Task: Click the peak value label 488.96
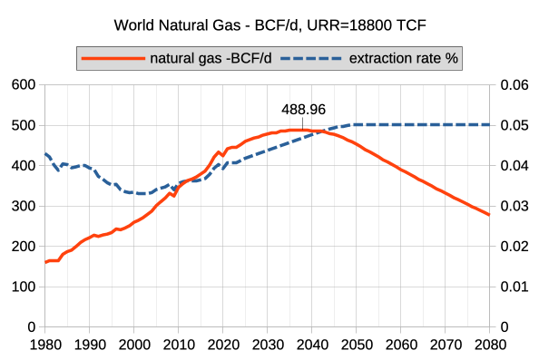pyautogui.click(x=303, y=110)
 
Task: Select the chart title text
pyautogui.click(x=270, y=25)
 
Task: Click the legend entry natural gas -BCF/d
pyautogui.click(x=211, y=58)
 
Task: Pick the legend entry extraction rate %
pyautogui.click(x=403, y=58)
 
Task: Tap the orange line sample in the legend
pyautogui.click(x=113, y=58)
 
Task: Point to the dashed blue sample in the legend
pyautogui.click(x=310, y=58)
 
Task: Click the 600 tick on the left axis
pyautogui.click(x=24, y=84)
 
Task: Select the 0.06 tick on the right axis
pyautogui.click(x=514, y=84)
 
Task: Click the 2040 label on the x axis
pyautogui.click(x=311, y=345)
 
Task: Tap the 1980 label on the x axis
pyautogui.click(x=45, y=345)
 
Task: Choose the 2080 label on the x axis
pyautogui.click(x=489, y=345)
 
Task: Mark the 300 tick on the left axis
pyautogui.click(x=24, y=206)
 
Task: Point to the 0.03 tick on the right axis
pyautogui.click(x=514, y=206)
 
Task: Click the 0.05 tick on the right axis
pyautogui.click(x=514, y=125)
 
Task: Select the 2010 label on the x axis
pyautogui.click(x=179, y=345)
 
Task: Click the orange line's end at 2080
pyautogui.click(x=489, y=215)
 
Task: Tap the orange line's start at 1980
pyautogui.click(x=45, y=262)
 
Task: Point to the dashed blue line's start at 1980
pyautogui.click(x=45, y=154)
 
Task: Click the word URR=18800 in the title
pyautogui.click(x=348, y=25)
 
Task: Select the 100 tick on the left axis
pyautogui.click(x=24, y=287)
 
